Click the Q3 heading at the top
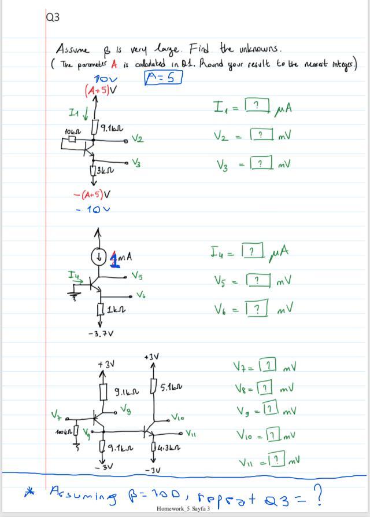click(52, 17)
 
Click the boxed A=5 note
click(163, 78)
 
